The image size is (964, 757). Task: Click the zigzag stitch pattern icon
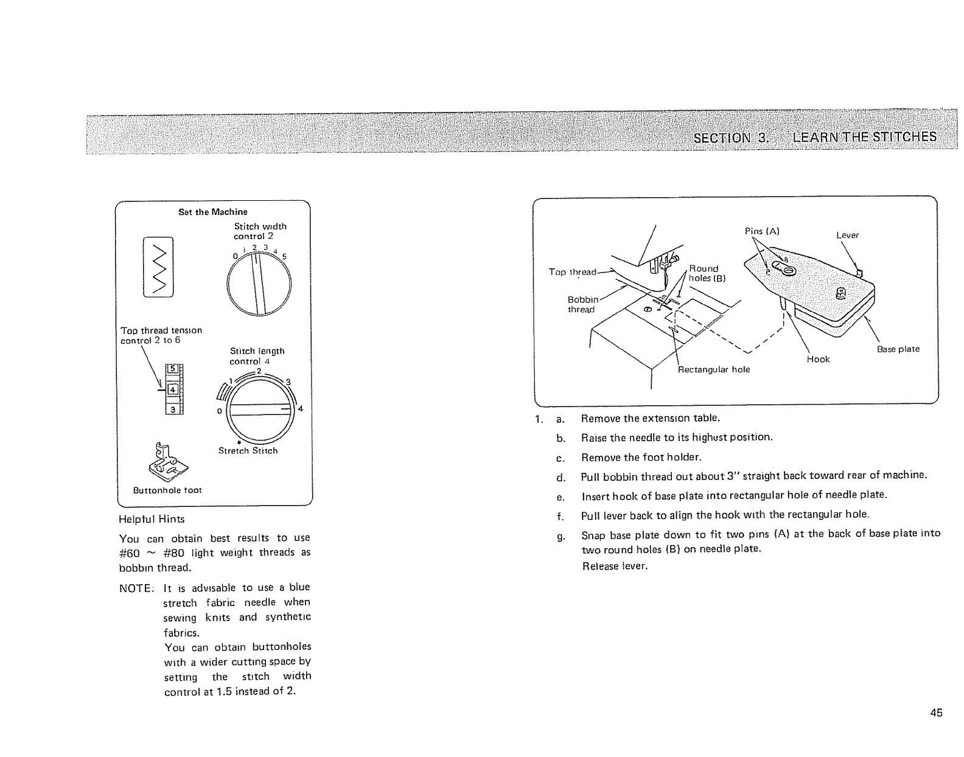pos(158,267)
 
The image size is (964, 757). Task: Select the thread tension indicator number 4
pos(172,388)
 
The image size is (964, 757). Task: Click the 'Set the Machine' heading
pos(212,212)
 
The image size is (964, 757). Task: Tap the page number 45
pos(935,713)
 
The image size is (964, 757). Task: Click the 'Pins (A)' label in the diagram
pos(762,231)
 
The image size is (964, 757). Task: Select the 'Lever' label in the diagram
pos(847,235)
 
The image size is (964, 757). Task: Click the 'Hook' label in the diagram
pos(818,359)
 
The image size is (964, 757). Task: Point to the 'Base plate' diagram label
pos(898,349)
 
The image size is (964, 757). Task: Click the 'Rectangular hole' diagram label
pos(714,369)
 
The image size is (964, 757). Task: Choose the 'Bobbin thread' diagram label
pos(582,304)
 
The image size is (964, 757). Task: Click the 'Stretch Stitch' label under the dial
pos(248,451)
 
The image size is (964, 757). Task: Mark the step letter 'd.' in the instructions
pos(561,476)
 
